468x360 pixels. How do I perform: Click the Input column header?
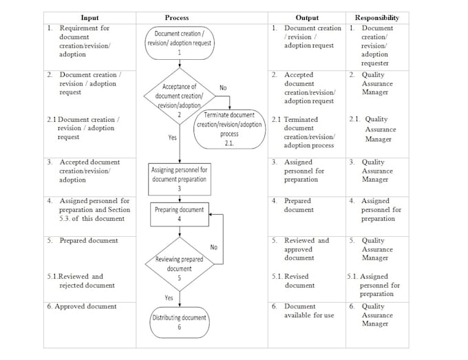click(89, 17)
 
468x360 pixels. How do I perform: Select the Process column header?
click(177, 17)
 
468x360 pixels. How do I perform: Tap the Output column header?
click(306, 17)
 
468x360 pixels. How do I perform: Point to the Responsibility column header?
click(376, 17)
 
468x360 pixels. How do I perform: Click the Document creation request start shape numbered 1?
click(179, 42)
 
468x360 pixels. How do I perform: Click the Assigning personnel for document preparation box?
click(179, 178)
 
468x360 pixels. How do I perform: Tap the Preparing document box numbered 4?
click(179, 214)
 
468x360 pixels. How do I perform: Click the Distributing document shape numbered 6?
click(179, 321)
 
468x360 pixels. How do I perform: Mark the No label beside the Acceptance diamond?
click(223, 87)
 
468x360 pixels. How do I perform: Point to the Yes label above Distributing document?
click(169, 297)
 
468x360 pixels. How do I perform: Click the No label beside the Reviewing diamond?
click(214, 246)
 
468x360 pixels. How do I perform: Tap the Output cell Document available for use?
click(309, 310)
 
